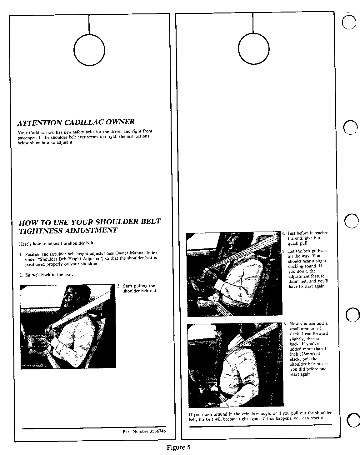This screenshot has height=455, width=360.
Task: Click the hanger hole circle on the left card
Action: tap(74, 50)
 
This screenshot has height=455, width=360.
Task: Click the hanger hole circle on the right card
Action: tap(238, 49)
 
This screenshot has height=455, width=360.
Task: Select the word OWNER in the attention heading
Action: tap(120, 122)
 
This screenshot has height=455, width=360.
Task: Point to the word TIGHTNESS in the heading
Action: tap(41, 231)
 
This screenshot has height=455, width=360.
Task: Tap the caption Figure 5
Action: tap(179, 447)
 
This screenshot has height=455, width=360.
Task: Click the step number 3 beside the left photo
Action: tap(119, 286)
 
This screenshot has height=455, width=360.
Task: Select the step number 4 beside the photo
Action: tap(283, 233)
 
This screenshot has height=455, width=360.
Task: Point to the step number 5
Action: tap(283, 251)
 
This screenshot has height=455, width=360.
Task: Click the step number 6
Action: tap(285, 324)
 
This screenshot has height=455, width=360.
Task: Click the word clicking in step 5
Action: tap(296, 266)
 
